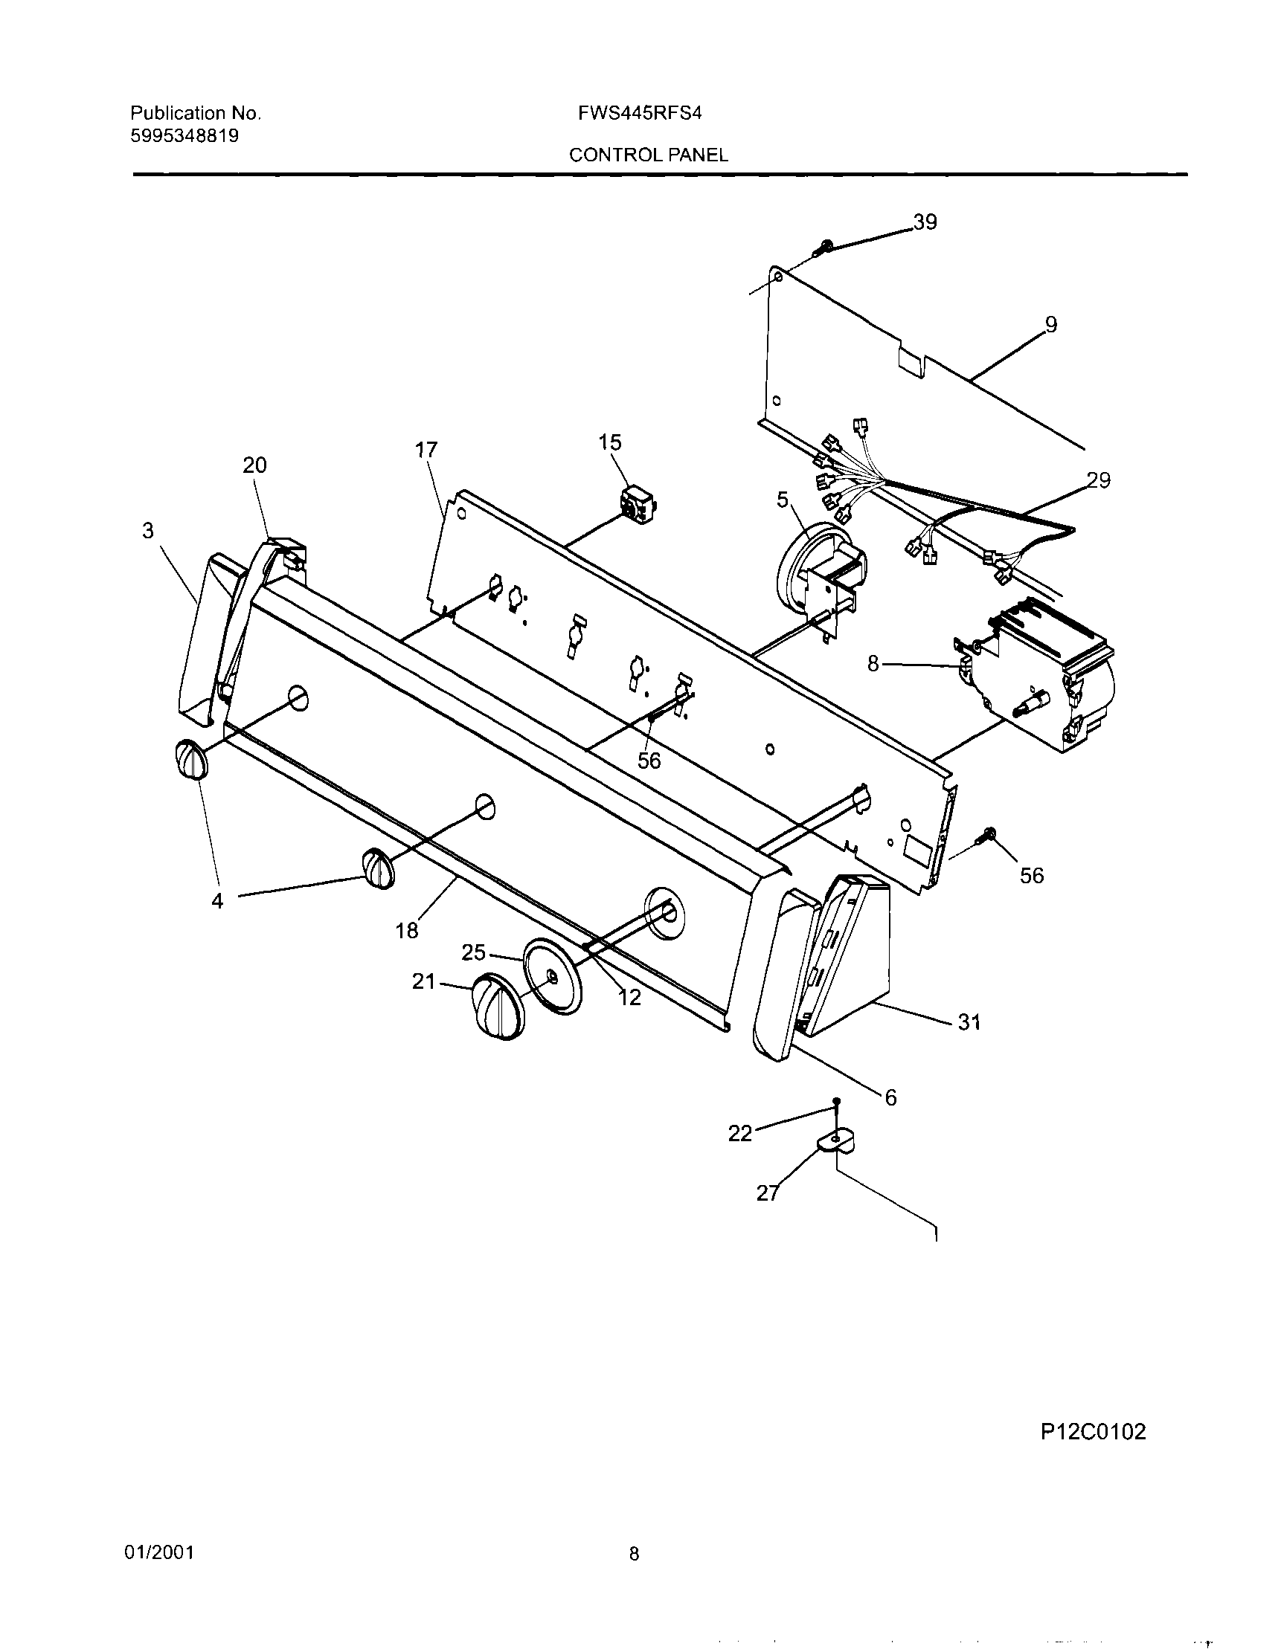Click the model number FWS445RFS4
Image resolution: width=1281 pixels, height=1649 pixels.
[640, 113]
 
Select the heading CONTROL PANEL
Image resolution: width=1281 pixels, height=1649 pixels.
[648, 155]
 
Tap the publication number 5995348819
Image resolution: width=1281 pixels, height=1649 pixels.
[185, 136]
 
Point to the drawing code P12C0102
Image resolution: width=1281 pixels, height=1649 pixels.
[1093, 1432]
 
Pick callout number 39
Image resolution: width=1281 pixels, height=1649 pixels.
[925, 222]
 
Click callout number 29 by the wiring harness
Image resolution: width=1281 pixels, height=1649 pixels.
[1099, 480]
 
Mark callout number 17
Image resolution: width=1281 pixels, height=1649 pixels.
[426, 450]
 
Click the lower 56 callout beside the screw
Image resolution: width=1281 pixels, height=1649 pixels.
[1031, 875]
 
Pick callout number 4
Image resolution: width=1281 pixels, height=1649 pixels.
[217, 901]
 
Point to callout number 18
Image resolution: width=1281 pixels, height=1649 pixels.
[407, 931]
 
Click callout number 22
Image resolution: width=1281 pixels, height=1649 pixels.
[740, 1133]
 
